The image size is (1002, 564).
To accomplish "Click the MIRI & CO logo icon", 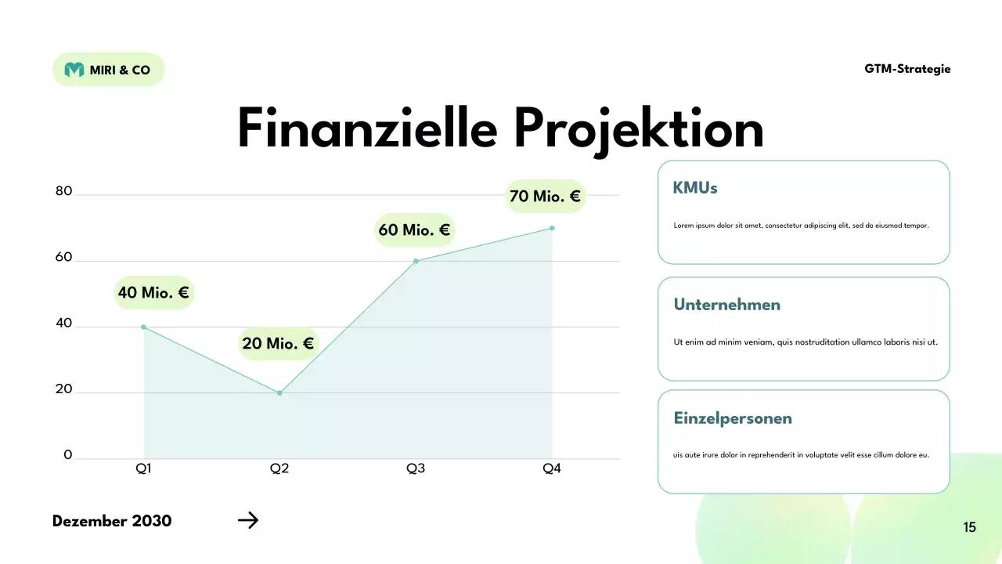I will [74, 70].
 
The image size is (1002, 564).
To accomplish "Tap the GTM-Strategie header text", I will [907, 69].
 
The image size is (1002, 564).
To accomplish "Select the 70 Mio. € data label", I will [545, 197].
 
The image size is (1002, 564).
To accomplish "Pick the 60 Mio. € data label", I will [414, 230].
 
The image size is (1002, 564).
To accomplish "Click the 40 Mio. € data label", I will [153, 293].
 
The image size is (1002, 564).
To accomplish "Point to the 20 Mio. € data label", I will [278, 344].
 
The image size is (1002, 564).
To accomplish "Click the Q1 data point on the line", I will [144, 327].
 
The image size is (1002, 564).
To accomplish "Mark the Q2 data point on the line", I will [279, 392].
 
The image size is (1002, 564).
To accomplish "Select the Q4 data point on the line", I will [552, 228].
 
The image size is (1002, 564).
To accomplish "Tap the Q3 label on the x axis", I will [416, 468].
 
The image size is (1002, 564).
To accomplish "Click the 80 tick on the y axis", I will [63, 192].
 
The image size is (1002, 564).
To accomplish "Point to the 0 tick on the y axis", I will [68, 455].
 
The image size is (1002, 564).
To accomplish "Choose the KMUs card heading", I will [695, 188].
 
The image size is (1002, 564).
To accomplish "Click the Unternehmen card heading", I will [727, 305].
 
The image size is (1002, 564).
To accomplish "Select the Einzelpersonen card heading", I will [733, 418].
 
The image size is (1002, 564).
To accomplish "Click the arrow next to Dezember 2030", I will [248, 520].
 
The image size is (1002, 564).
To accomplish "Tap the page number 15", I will [970, 527].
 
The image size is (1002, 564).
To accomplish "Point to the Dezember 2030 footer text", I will [112, 521].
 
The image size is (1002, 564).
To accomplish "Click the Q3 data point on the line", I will [416, 261].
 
